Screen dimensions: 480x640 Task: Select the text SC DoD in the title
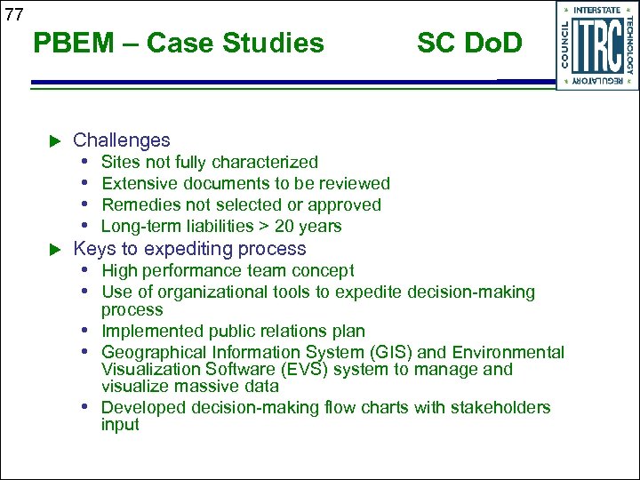click(469, 43)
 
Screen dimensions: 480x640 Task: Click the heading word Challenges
click(121, 140)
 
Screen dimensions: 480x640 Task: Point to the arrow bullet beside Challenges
click(53, 140)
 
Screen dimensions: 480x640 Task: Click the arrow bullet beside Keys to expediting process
click(53, 249)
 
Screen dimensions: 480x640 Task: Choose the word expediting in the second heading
click(192, 249)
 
